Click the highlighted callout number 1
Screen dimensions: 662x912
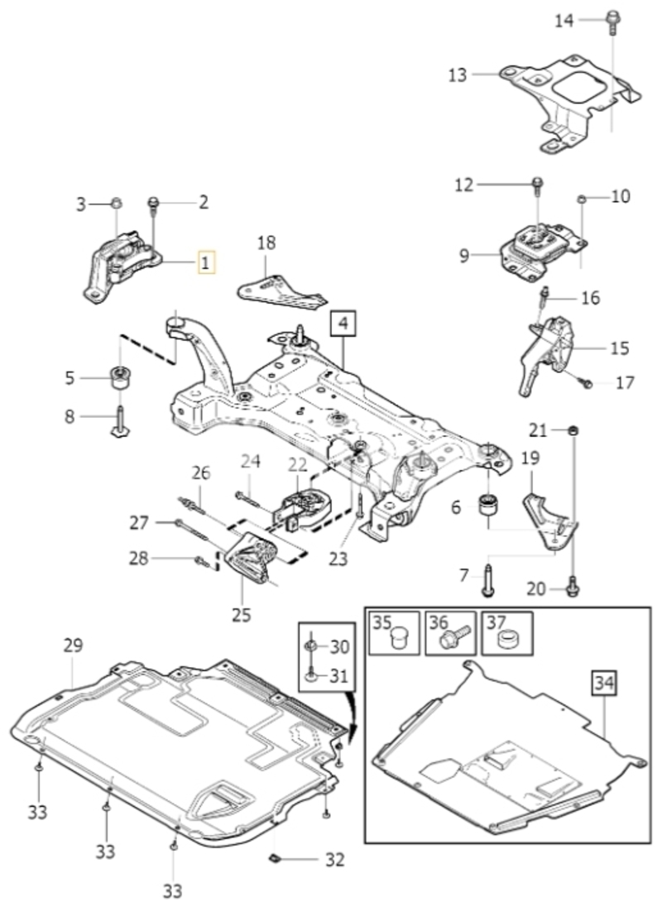tap(206, 262)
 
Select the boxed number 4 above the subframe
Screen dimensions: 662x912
tap(343, 324)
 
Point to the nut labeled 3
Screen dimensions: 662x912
tap(116, 203)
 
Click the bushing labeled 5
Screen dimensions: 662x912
tap(121, 379)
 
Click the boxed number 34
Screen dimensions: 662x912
tap(604, 684)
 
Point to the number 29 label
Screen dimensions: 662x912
tap(74, 645)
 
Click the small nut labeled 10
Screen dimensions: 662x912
tap(581, 200)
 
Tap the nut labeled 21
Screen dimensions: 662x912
tap(573, 431)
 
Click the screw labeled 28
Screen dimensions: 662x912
tap(203, 561)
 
